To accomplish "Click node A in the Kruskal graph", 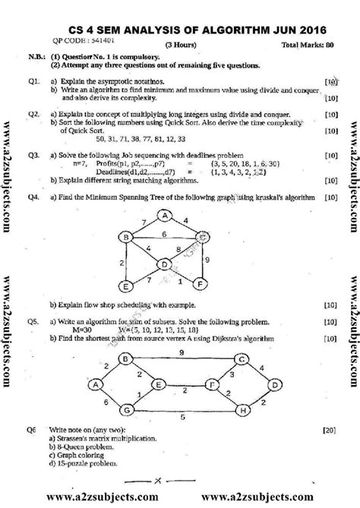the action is pos(163,216).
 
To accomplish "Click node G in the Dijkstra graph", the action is pos(127,389).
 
